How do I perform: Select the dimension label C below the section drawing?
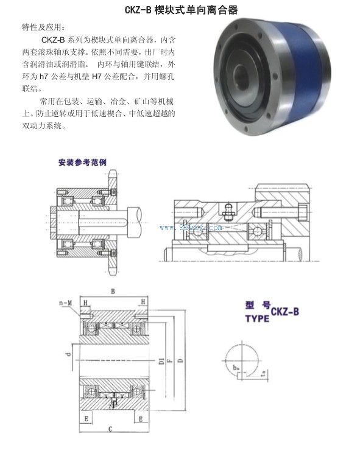pos(110,430)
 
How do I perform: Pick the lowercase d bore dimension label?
pos(69,353)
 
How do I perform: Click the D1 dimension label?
pos(161,362)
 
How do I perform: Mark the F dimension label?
pos(170,363)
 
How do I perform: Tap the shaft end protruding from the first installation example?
pos(138,214)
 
